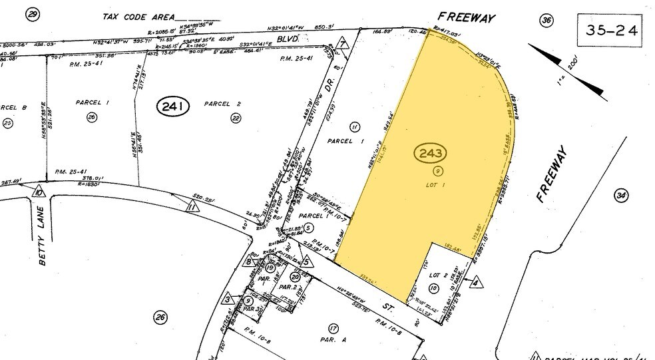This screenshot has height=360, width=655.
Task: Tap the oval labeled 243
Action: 429,154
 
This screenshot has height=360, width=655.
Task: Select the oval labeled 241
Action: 174,105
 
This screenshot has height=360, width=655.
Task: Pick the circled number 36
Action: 546,21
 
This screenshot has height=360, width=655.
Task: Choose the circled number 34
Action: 621,195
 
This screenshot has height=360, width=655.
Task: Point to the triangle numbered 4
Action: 475,281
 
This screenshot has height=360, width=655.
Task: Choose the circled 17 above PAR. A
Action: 333,327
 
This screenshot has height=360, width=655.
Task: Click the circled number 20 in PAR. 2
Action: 295,276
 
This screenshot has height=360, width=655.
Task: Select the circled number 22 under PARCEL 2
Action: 235,118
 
